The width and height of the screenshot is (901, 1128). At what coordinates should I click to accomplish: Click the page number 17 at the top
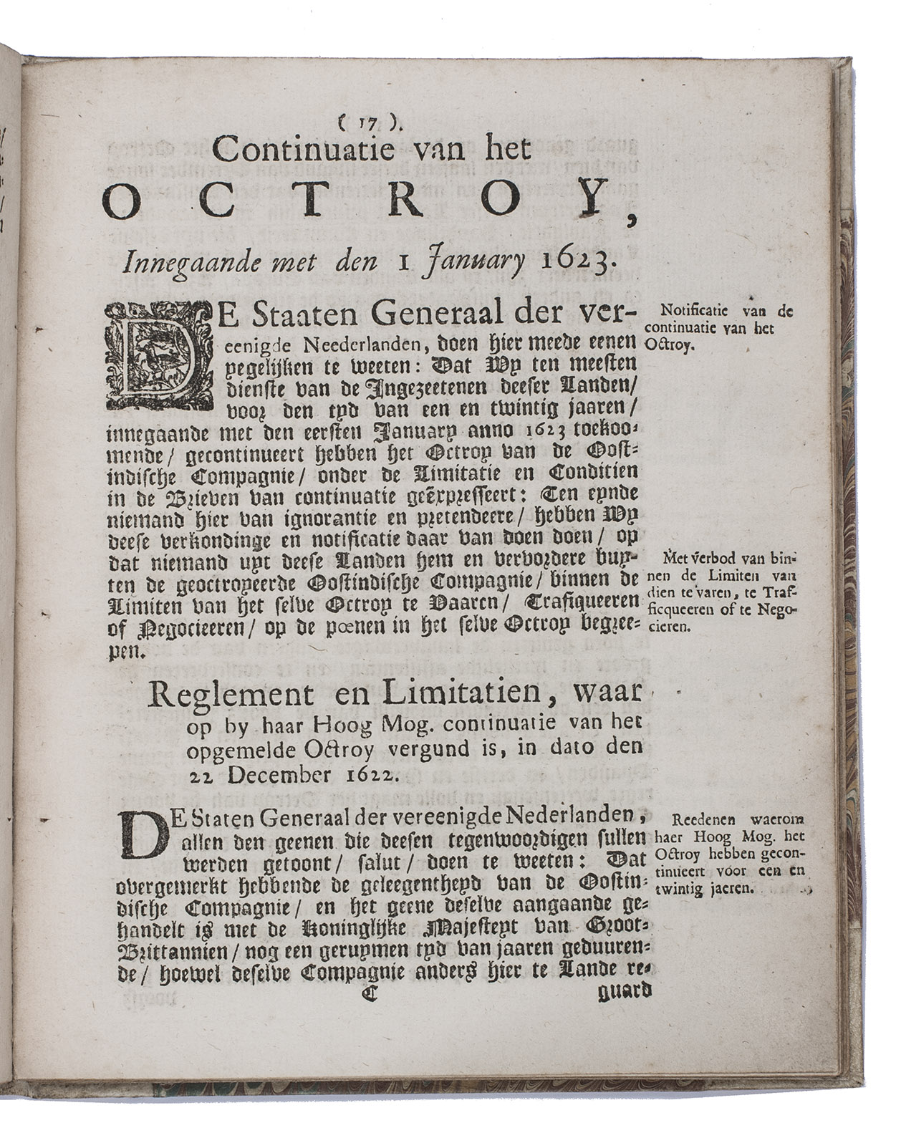coord(372,123)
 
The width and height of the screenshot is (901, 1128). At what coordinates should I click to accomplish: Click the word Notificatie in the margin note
coord(695,312)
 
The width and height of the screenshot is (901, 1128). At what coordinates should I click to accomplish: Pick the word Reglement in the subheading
coord(221,696)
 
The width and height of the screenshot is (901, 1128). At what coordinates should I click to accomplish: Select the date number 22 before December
coord(201,775)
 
